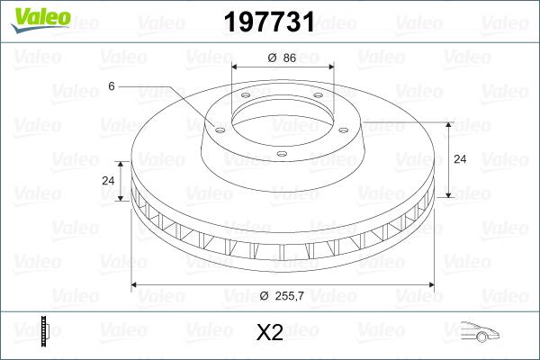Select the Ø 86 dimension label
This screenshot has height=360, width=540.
coord(282,58)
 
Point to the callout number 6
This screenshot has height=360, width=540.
coord(112,85)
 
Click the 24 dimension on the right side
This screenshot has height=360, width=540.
coord(459,159)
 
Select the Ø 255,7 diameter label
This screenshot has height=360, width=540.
coord(281,296)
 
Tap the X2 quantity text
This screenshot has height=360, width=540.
coord(270,333)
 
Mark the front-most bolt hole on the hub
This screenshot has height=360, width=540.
coord(282,154)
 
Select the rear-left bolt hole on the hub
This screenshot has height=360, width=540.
coord(245,99)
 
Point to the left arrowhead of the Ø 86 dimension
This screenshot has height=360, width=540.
coord(236,67)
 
